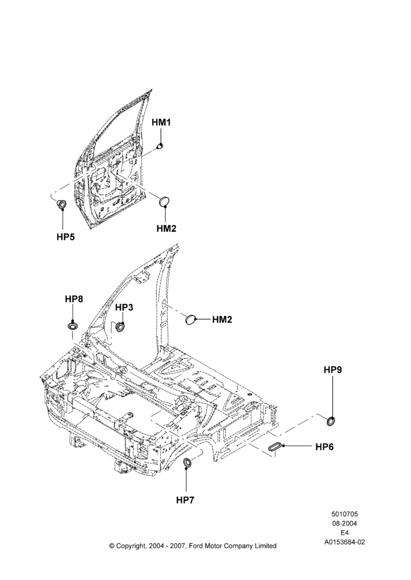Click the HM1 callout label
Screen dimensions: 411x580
161,122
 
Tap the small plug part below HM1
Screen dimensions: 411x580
160,146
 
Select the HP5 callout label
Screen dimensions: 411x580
66,237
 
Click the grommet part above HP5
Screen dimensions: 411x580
62,204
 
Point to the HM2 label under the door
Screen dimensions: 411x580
166,228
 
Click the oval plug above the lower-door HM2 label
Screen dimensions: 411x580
164,202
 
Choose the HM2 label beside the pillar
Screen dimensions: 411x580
222,319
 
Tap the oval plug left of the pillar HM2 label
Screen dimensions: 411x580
190,319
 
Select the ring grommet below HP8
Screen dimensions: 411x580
73,326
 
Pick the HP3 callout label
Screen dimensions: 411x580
124,307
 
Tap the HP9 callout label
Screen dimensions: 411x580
333,369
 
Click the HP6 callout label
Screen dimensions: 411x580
325,447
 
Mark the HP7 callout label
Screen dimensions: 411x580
185,500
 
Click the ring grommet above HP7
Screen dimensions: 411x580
188,462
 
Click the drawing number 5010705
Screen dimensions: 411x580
344,514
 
